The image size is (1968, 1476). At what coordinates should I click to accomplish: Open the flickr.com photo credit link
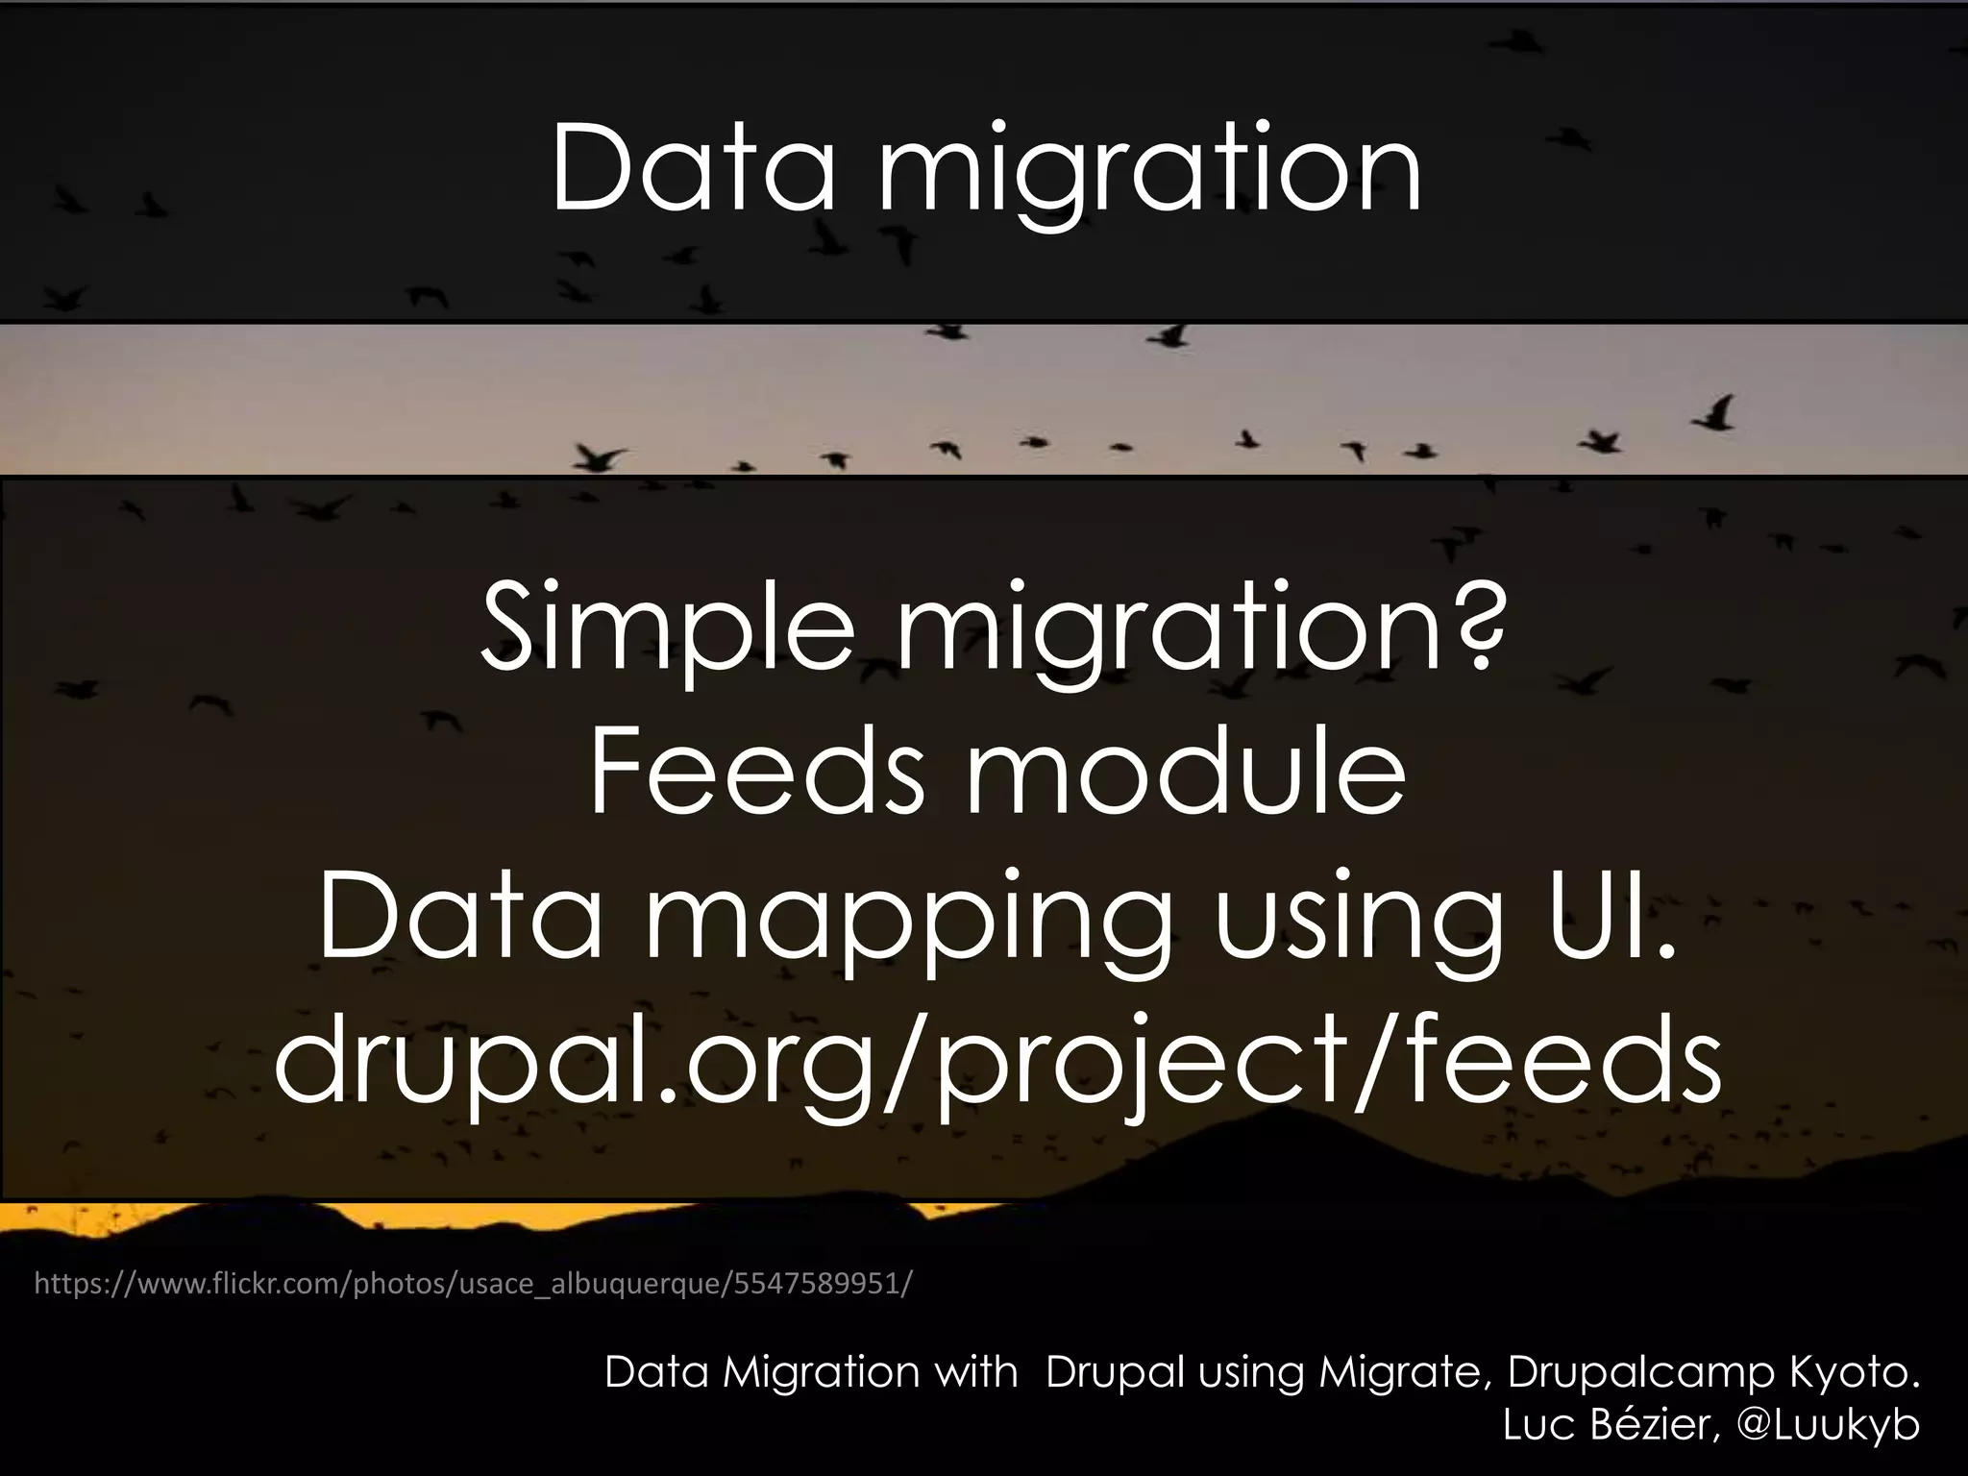pos(474,1283)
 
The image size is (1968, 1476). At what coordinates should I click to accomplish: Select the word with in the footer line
pos(977,1372)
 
